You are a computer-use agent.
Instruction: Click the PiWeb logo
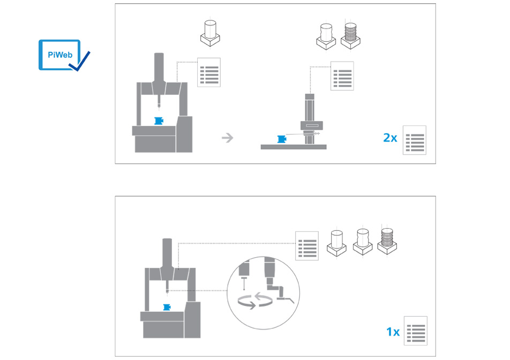click(64, 55)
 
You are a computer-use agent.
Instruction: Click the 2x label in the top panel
click(390, 138)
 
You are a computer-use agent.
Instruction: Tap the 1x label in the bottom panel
click(393, 332)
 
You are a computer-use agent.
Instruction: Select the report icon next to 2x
click(415, 140)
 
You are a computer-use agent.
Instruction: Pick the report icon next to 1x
click(416, 331)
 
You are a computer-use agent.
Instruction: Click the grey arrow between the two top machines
click(227, 138)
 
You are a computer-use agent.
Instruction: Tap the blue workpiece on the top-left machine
click(159, 121)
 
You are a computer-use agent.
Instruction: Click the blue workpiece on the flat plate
click(282, 139)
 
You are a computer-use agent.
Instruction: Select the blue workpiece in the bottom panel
click(167, 307)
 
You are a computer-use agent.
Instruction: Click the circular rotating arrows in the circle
click(254, 301)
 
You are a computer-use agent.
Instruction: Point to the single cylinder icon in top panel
click(210, 33)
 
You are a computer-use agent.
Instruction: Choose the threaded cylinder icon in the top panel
click(350, 36)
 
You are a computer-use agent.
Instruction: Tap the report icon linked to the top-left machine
click(209, 72)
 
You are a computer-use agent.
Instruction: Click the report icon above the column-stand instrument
click(342, 76)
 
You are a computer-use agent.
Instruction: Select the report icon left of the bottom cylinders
click(307, 246)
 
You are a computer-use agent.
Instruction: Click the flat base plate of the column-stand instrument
click(294, 147)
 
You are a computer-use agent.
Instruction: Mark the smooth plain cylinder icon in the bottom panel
click(336, 243)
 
